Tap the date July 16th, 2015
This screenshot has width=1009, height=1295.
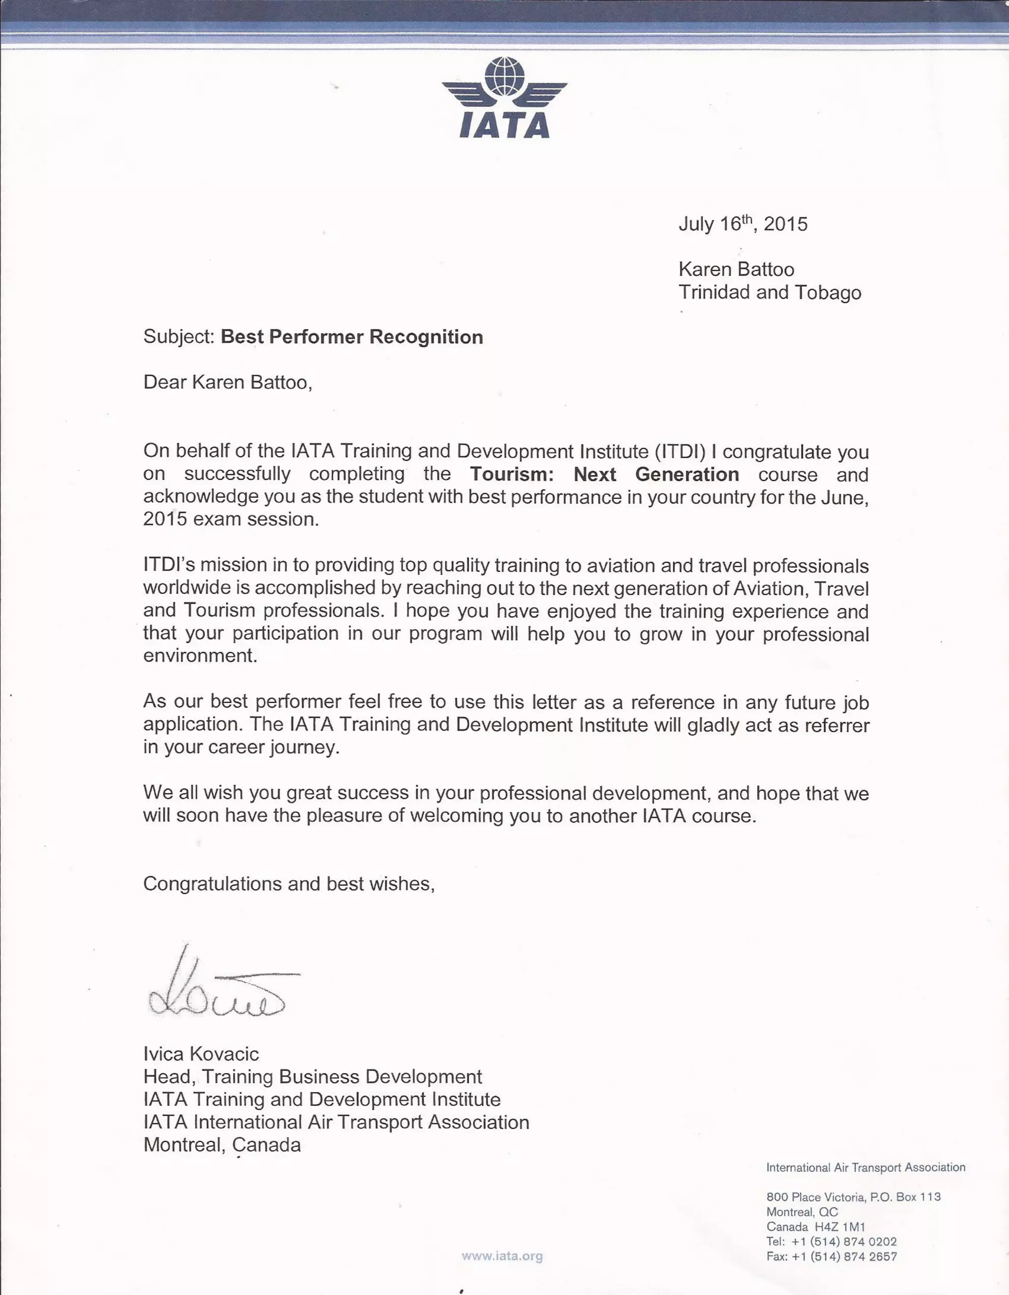742,224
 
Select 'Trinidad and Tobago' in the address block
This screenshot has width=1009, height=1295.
770,292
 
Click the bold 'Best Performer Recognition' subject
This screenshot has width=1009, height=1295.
352,337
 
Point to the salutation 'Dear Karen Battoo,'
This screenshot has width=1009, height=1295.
227,382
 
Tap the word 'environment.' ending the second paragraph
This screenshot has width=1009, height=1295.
201,656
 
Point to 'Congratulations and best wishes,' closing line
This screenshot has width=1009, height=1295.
289,883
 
